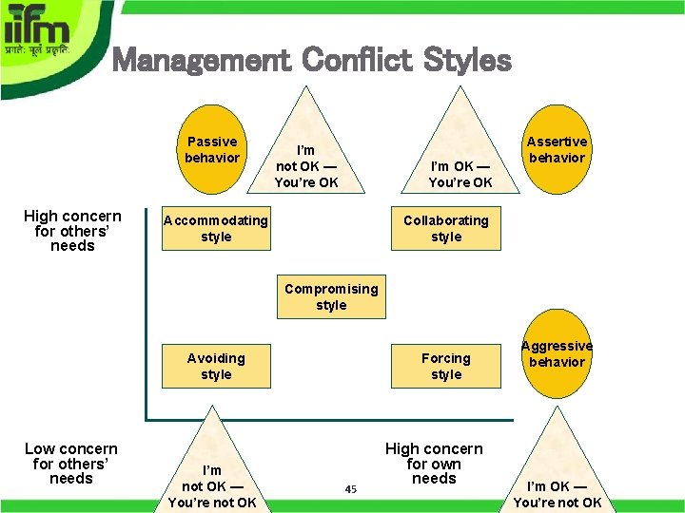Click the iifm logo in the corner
tap(48, 38)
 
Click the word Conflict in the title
tap(357, 62)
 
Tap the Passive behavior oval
tap(212, 150)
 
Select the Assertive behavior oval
tap(557, 150)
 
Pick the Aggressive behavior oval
tap(557, 354)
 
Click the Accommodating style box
tap(216, 229)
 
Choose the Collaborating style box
tap(445, 229)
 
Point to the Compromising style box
tap(331, 297)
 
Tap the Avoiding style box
tap(216, 367)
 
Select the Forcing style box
tap(445, 367)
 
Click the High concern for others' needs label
tap(72, 231)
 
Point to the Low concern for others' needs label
tap(71, 464)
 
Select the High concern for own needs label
tap(434, 464)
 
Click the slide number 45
tap(350, 489)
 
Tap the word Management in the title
tap(201, 62)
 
